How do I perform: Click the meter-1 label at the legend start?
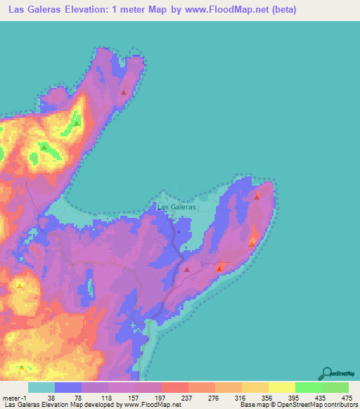click(x=15, y=397)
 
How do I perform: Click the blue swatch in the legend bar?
click(x=68, y=387)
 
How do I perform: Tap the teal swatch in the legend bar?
click(x=41, y=387)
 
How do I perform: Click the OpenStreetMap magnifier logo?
click(x=327, y=374)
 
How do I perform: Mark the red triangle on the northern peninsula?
click(x=124, y=92)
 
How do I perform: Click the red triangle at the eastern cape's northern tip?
click(x=257, y=197)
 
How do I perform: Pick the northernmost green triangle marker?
click(x=75, y=124)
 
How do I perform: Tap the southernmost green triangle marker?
click(x=22, y=367)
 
